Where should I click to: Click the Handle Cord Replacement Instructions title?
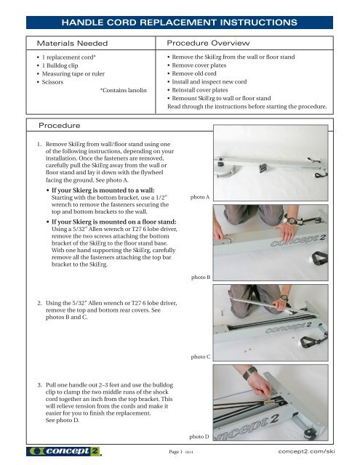coord(179,23)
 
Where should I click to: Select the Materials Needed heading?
coord(72,44)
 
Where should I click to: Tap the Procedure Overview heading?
coord(208,43)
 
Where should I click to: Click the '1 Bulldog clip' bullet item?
coord(60,65)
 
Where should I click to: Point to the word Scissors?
coord(52,82)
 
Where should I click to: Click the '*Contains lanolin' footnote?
coord(123,90)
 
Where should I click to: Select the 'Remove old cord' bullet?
coord(194,73)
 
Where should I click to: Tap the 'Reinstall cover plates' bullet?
coord(200,90)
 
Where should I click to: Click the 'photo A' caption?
coord(200,197)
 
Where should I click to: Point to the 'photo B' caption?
coord(201,277)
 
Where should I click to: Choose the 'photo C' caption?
coord(201,357)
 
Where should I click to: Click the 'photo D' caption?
coord(199,437)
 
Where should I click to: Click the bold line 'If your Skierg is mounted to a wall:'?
coord(103,190)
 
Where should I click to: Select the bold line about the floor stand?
coord(114,222)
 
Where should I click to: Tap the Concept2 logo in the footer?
coord(64,451)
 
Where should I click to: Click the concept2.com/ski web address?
coord(307,451)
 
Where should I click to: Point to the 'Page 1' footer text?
coord(175,452)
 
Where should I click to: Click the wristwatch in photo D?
coord(250,373)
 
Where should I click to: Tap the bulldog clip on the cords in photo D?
coord(270,401)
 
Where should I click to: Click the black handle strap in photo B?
coord(319,259)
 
